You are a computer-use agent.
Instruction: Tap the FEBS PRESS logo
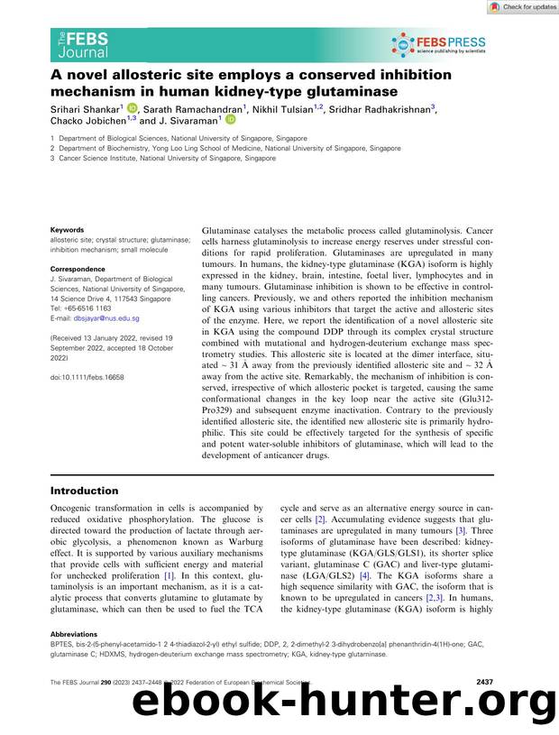coord(438,44)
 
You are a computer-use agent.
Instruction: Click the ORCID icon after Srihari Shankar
coord(130,107)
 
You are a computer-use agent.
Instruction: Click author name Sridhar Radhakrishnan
coord(383,107)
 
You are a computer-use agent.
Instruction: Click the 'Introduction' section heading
coord(84,491)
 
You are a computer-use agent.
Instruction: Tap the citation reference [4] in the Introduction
coord(364,574)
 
